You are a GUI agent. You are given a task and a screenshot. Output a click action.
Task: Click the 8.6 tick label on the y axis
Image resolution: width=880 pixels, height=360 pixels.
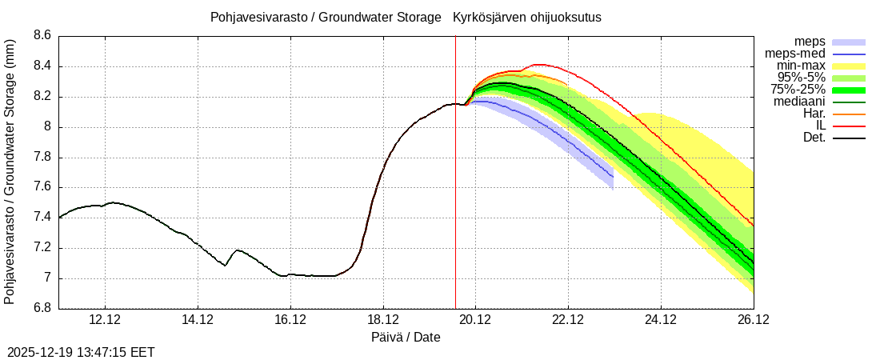pyautogui.click(x=41, y=36)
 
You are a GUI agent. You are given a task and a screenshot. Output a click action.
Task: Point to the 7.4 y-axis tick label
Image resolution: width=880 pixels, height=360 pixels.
pyautogui.click(x=41, y=218)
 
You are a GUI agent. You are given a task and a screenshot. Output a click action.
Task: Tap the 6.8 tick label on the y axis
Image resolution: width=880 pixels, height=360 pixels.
pyautogui.click(x=41, y=309)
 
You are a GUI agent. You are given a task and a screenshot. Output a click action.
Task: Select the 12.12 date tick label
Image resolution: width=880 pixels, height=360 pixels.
pyautogui.click(x=105, y=319)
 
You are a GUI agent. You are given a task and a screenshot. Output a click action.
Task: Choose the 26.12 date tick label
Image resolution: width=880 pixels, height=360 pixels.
pyautogui.click(x=753, y=319)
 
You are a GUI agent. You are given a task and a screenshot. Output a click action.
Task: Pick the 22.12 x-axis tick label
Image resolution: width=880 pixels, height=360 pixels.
pyautogui.click(x=568, y=319)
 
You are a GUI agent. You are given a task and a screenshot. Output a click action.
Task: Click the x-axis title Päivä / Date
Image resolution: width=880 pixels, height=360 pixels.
pyautogui.click(x=406, y=338)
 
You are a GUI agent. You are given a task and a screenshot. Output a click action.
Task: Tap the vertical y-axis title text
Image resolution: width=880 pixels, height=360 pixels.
pyautogui.click(x=10, y=172)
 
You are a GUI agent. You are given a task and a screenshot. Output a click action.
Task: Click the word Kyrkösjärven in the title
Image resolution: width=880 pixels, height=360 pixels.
pyautogui.click(x=488, y=17)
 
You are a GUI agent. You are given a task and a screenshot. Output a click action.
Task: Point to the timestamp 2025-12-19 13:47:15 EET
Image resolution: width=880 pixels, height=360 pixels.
pyautogui.click(x=81, y=352)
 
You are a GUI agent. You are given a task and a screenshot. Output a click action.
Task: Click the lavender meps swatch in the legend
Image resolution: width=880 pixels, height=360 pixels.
pyautogui.click(x=849, y=42)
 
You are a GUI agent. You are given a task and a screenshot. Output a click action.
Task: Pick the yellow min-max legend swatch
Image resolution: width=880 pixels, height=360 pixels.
pyautogui.click(x=849, y=66)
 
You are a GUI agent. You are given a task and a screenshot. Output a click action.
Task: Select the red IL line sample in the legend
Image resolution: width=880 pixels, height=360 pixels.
pyautogui.click(x=849, y=126)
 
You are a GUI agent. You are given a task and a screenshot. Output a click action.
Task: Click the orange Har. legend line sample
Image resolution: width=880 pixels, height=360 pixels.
pyautogui.click(x=849, y=114)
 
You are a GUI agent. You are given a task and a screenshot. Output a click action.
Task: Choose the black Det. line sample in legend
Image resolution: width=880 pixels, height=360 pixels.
pyautogui.click(x=849, y=138)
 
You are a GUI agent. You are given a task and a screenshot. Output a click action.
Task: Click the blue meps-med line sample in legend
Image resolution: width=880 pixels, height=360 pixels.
pyautogui.click(x=849, y=54)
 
